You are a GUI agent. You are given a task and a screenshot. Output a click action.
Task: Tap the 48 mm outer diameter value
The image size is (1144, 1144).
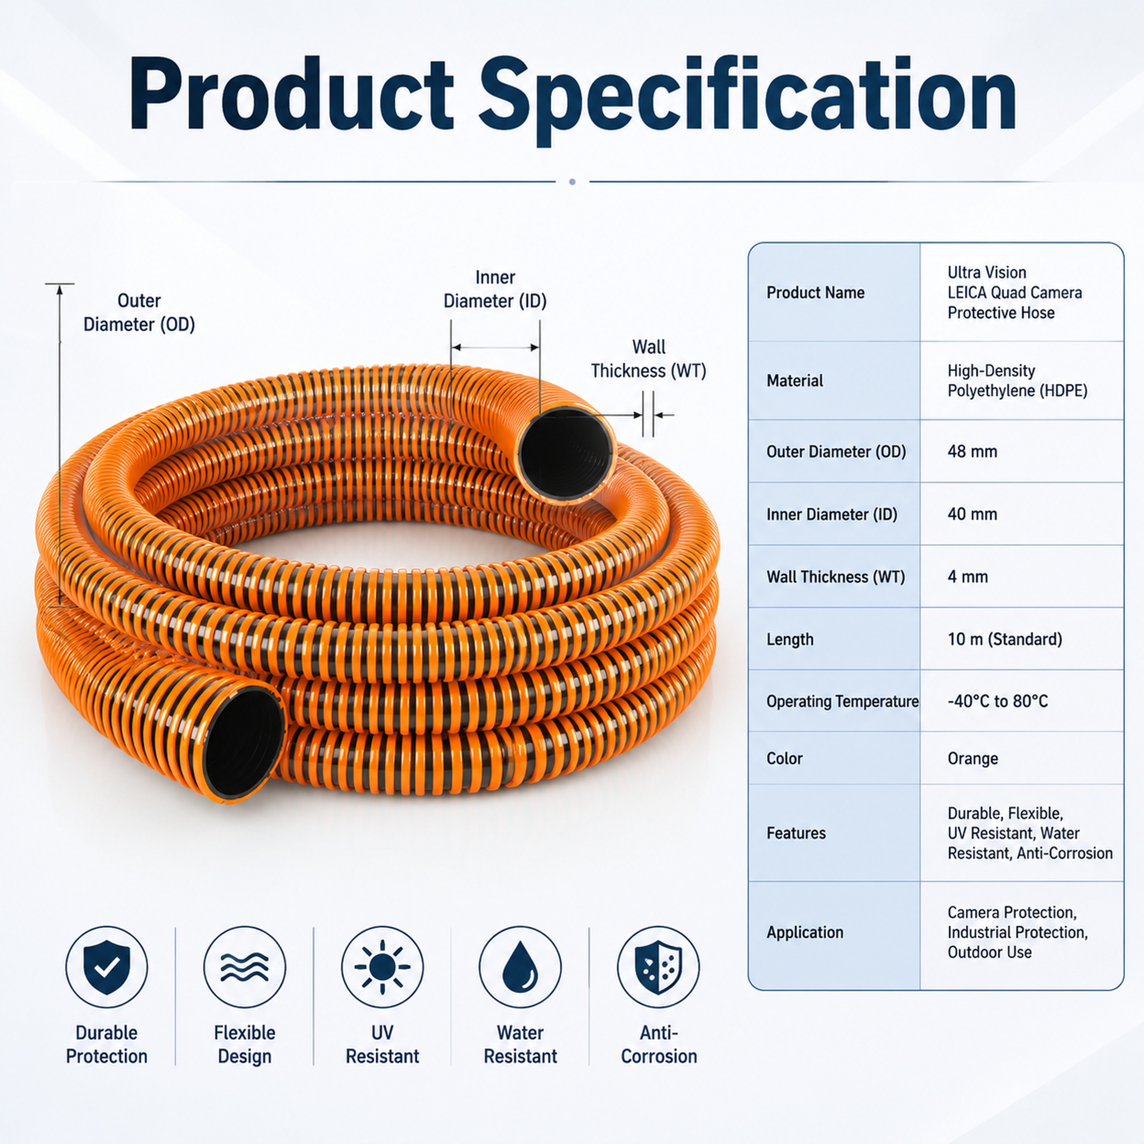click(x=973, y=451)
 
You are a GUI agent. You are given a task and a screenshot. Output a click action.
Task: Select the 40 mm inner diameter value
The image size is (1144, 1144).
click(x=973, y=514)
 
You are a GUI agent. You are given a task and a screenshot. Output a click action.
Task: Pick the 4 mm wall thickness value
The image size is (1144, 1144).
click(x=967, y=576)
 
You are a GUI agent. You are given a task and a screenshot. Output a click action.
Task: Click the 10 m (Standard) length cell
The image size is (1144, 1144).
click(x=1005, y=639)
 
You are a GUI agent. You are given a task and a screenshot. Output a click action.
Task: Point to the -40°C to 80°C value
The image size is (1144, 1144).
click(x=998, y=701)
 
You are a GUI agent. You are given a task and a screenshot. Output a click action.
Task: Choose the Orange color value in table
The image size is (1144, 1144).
click(x=973, y=759)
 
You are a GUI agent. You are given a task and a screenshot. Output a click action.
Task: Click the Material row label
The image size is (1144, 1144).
click(x=795, y=380)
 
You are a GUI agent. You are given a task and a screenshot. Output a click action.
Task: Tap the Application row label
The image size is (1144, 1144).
click(x=805, y=932)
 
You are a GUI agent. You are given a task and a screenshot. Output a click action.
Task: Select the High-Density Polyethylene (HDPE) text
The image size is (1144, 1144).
click(x=1017, y=380)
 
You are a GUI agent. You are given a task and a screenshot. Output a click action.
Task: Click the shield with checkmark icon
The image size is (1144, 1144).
click(x=107, y=967)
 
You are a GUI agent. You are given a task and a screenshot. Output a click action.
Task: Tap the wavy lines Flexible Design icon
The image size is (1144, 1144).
click(x=245, y=967)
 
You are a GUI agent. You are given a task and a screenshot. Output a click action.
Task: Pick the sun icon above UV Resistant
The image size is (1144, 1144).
click(x=383, y=967)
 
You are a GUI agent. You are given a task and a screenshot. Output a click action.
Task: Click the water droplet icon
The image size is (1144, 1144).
click(x=521, y=967)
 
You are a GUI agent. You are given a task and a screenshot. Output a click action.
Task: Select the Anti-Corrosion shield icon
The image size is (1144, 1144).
click(x=659, y=967)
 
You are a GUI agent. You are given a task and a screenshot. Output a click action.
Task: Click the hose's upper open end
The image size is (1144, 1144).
click(x=565, y=454)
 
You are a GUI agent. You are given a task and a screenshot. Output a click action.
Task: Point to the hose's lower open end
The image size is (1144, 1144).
click(x=243, y=743)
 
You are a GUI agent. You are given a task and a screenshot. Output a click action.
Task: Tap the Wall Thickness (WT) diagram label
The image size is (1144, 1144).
click(x=649, y=359)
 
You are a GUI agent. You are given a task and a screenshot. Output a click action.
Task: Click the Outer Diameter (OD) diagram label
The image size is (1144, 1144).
click(x=139, y=313)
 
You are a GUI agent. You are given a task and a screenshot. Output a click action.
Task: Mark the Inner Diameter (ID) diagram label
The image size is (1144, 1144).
click(x=495, y=289)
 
